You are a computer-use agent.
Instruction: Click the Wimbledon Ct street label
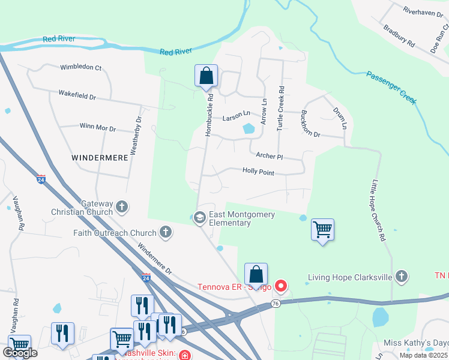tap(80, 67)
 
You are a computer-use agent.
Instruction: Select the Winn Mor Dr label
tap(97, 128)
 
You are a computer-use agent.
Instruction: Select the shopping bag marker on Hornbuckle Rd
tap(206, 76)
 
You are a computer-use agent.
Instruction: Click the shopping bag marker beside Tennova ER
tap(256, 274)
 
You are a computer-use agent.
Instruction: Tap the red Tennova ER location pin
tap(280, 286)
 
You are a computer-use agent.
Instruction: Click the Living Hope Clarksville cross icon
tap(402, 277)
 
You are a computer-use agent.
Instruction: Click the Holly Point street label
tap(258, 172)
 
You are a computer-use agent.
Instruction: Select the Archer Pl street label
tap(269, 156)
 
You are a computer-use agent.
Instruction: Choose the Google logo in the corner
tap(20, 353)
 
